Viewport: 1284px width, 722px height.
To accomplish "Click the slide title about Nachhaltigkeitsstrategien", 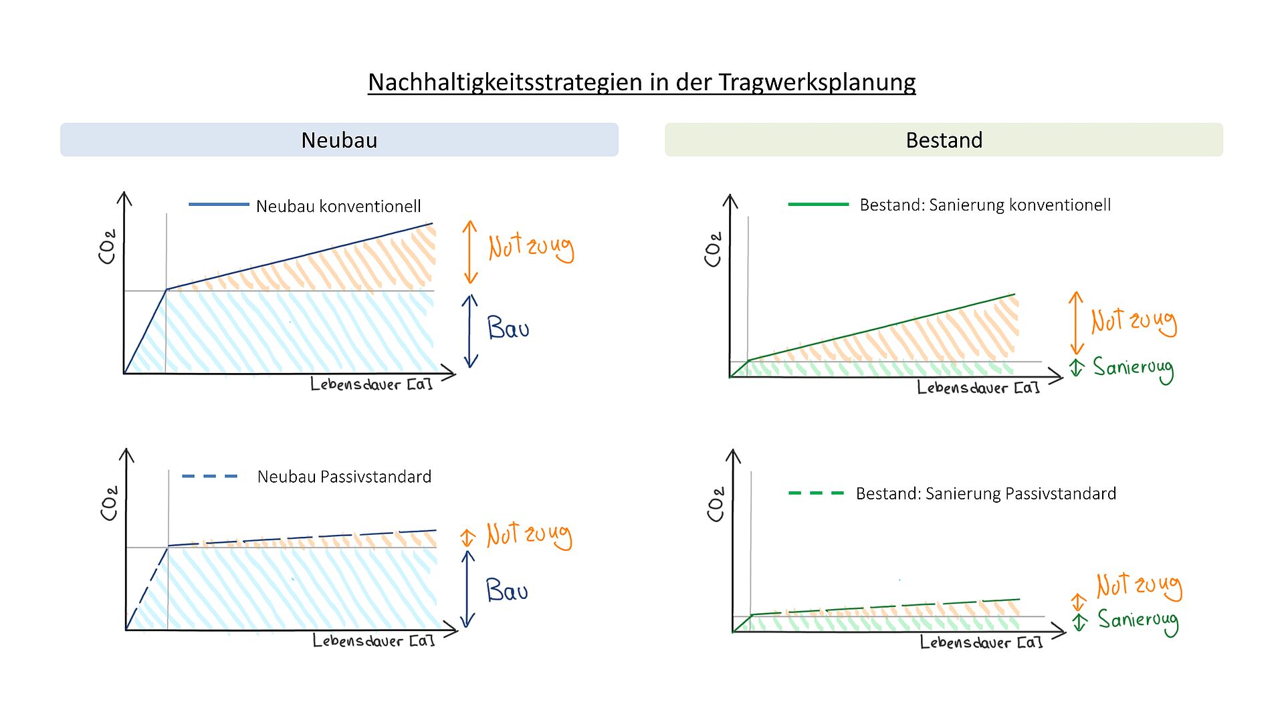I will pyautogui.click(x=641, y=82).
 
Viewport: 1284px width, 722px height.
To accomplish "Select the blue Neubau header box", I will pyautogui.click(x=339, y=140).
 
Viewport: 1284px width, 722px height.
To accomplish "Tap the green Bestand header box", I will pyautogui.click(x=944, y=140).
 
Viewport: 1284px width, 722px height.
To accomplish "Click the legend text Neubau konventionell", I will pyautogui.click(x=338, y=206).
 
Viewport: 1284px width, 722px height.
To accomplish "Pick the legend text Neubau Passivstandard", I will pyautogui.click(x=344, y=477).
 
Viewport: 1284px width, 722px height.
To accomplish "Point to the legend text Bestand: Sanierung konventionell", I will pyautogui.click(x=984, y=205).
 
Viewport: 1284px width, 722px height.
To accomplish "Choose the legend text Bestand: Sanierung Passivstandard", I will pyautogui.click(x=986, y=493).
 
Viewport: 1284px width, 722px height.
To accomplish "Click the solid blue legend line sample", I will pyautogui.click(x=219, y=205).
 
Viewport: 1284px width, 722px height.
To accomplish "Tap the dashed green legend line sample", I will pyautogui.click(x=816, y=493).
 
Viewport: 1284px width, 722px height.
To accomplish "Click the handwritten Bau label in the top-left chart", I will pyautogui.click(x=508, y=328).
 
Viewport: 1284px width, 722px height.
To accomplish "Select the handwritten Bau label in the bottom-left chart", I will pyautogui.click(x=506, y=590).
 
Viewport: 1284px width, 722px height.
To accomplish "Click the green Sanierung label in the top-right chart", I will pyautogui.click(x=1133, y=368).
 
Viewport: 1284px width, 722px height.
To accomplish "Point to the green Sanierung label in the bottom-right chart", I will pyautogui.click(x=1138, y=621).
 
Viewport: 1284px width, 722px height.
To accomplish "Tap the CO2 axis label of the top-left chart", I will pyautogui.click(x=107, y=247).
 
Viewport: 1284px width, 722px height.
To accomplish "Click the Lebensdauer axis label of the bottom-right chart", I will pyautogui.click(x=981, y=642).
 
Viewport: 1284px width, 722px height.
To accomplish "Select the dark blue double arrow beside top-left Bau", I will pyautogui.click(x=471, y=331).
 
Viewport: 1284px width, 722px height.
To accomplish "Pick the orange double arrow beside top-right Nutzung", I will pyautogui.click(x=1076, y=323).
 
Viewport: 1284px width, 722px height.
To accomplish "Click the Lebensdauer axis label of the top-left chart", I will pyautogui.click(x=371, y=384).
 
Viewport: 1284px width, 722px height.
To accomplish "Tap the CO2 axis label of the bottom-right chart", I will pyautogui.click(x=716, y=504).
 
